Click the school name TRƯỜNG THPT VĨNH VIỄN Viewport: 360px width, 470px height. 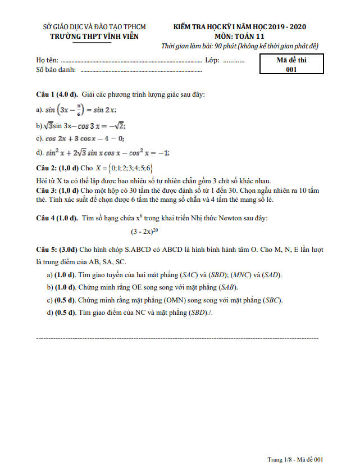pyautogui.click(x=94, y=36)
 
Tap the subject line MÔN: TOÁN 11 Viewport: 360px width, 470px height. pyautogui.click(x=240, y=36)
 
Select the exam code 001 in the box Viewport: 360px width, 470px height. pyautogui.click(x=291, y=70)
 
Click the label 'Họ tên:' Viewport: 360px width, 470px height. pyautogui.click(x=47, y=60)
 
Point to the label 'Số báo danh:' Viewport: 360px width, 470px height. pyautogui.click(x=57, y=70)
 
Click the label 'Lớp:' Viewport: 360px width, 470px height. pyautogui.click(x=212, y=60)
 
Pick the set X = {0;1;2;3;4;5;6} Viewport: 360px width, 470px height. pyautogui.click(x=125, y=168)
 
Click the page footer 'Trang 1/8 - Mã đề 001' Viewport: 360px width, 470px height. pyautogui.click(x=296, y=459)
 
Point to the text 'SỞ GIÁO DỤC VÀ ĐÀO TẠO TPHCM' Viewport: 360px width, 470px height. pyautogui.click(x=94, y=26)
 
